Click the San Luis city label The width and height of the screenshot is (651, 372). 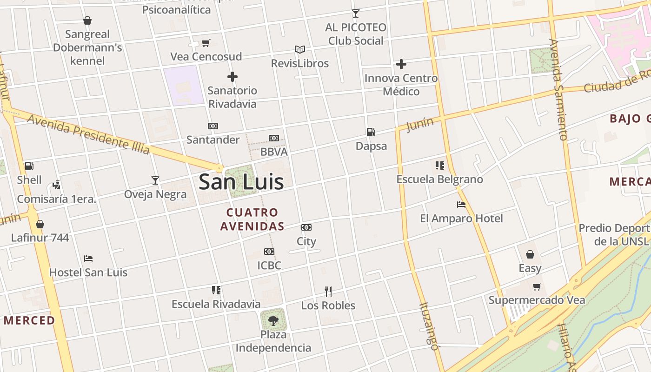coord(241,181)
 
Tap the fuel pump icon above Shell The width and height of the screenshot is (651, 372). coord(29,166)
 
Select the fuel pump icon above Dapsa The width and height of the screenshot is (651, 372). coord(371,132)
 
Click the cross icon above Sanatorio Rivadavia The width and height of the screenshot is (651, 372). coord(232,77)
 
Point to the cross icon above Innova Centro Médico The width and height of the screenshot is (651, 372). coord(401,64)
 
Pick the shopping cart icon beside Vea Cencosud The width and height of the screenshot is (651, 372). coord(206,43)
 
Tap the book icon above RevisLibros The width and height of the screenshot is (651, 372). coord(300,49)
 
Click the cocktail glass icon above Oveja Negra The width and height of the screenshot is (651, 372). coord(155,180)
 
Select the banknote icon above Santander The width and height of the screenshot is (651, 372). coord(213,126)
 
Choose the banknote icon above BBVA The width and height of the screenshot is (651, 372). coord(274,138)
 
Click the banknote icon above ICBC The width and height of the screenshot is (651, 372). coord(269,252)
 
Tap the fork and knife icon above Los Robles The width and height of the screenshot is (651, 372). coord(328,292)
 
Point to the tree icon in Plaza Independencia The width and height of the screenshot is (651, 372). coord(273,320)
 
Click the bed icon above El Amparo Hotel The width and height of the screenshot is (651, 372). coord(461,204)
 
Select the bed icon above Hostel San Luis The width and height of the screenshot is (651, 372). coord(88,258)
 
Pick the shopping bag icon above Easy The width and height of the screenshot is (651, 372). coord(530,254)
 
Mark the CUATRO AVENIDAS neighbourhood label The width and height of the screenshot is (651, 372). coord(252,219)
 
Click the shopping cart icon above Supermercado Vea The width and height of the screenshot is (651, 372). coord(537,286)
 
